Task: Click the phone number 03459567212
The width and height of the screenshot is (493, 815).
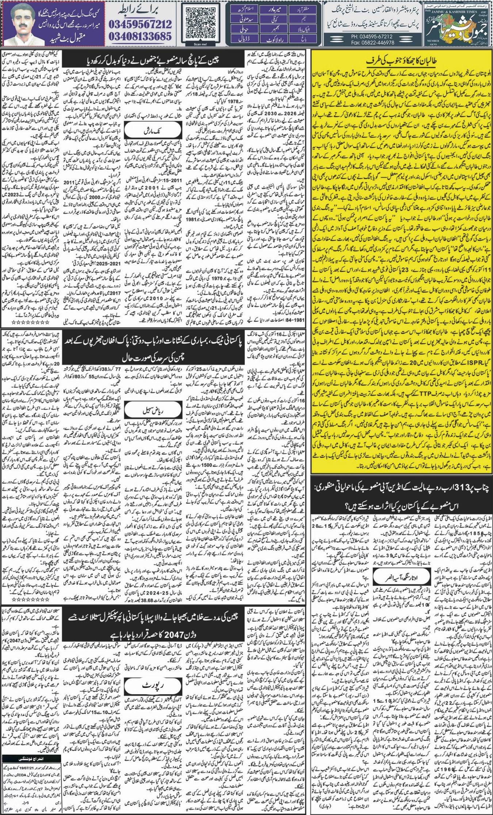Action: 140,24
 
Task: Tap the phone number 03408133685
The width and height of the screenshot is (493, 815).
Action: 140,36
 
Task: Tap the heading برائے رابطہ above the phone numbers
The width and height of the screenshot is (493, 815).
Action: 140,10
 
